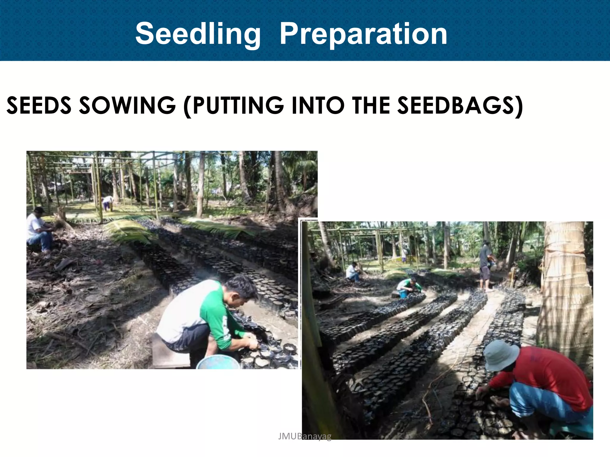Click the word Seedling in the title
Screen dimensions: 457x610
pyautogui.click(x=198, y=34)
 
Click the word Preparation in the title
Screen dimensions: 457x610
pyautogui.click(x=363, y=34)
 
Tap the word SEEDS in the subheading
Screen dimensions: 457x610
pyautogui.click(x=39, y=105)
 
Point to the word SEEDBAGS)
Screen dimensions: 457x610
pyautogui.click(x=460, y=105)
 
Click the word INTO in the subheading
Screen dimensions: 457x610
pyautogui.click(x=318, y=105)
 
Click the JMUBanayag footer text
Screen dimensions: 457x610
pyautogui.click(x=304, y=436)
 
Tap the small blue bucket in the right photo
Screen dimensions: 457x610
pyautogui.click(x=403, y=294)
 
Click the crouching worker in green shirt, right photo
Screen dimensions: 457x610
pyautogui.click(x=409, y=285)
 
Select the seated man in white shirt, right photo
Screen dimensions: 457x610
pyautogui.click(x=353, y=272)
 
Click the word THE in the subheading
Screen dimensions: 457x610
pyautogui.click(x=371, y=105)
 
